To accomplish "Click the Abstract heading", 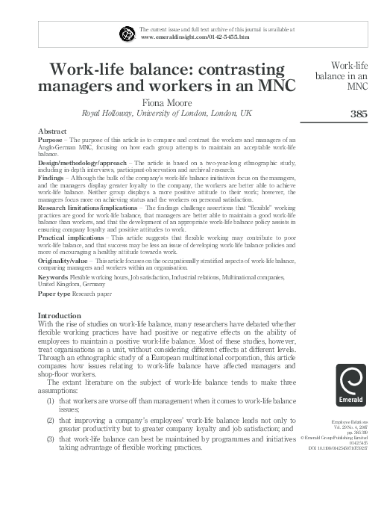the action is (51, 131).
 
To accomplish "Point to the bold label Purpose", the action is (51, 140).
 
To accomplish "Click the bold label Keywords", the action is (54, 276).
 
